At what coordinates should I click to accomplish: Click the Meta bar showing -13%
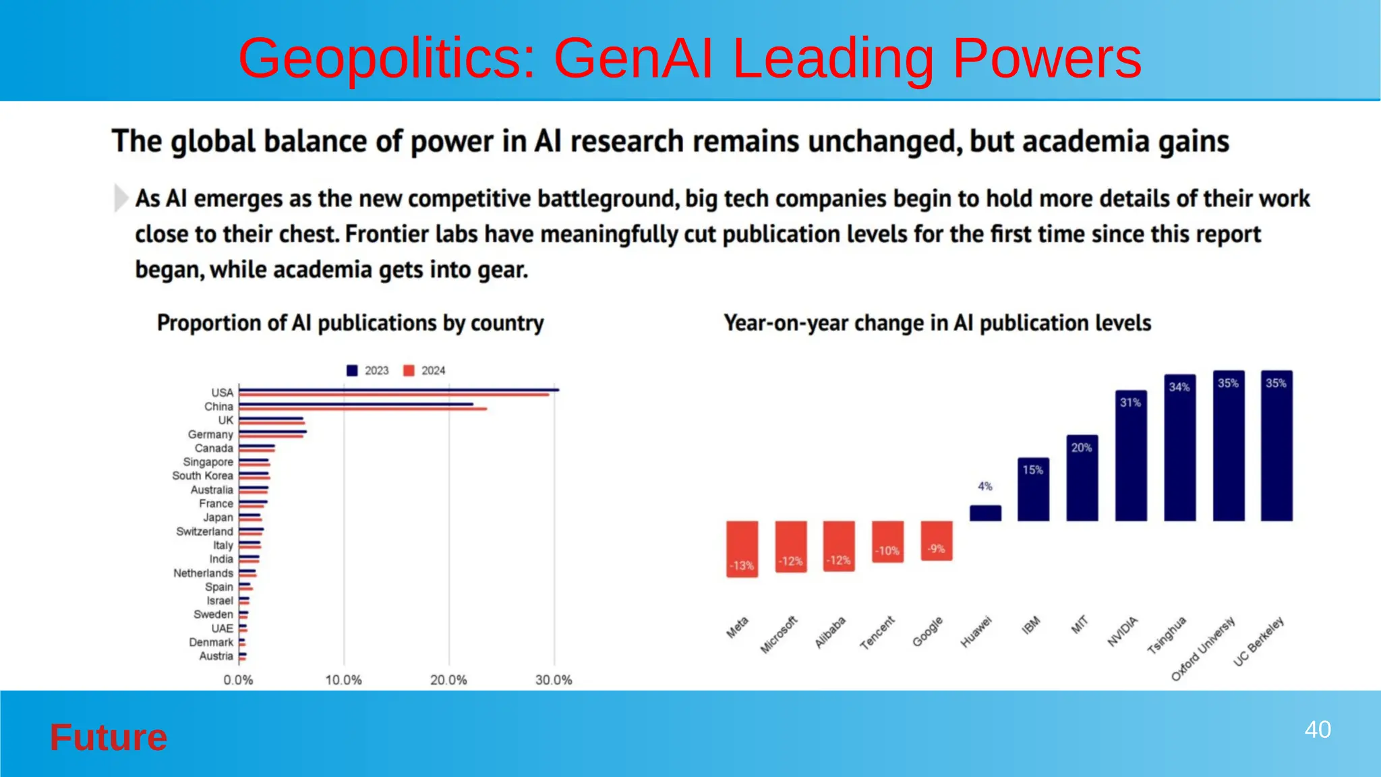[742, 548]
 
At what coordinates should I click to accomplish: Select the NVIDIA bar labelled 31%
[1131, 455]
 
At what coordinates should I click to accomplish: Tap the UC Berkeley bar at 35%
[1276, 445]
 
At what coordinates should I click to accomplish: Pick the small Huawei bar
[985, 513]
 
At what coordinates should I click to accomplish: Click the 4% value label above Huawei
[985, 486]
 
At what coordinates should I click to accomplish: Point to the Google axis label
[928, 631]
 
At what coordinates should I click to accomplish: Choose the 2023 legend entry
[368, 370]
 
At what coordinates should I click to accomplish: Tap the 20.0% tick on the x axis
[448, 680]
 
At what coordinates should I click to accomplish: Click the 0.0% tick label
[238, 680]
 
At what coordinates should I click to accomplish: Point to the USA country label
[222, 393]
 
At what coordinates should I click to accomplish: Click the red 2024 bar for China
[363, 409]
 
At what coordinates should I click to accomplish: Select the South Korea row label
[202, 476]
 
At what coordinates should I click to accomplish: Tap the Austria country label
[216, 656]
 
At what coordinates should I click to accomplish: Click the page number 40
[1317, 730]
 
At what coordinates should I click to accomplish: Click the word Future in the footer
[109, 737]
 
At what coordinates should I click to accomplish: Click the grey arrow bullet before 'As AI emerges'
[121, 198]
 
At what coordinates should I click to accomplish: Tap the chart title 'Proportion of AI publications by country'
[350, 323]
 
